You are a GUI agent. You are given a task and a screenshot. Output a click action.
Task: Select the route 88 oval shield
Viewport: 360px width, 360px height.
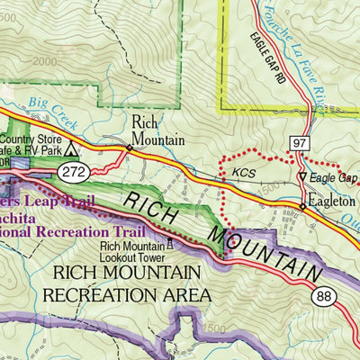click(326, 296)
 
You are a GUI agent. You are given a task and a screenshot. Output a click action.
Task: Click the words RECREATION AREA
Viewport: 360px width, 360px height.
click(132, 294)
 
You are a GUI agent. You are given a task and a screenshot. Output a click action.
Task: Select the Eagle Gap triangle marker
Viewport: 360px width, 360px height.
click(301, 176)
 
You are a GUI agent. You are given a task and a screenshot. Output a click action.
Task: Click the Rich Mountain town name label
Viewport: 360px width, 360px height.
click(157, 130)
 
